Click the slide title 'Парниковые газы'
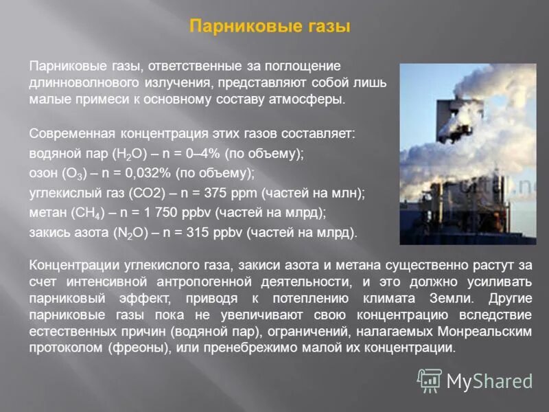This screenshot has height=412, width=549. pyautogui.click(x=270, y=27)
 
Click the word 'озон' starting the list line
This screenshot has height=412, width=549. pyautogui.click(x=42, y=172)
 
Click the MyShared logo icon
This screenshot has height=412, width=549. pyautogui.click(x=429, y=380)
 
